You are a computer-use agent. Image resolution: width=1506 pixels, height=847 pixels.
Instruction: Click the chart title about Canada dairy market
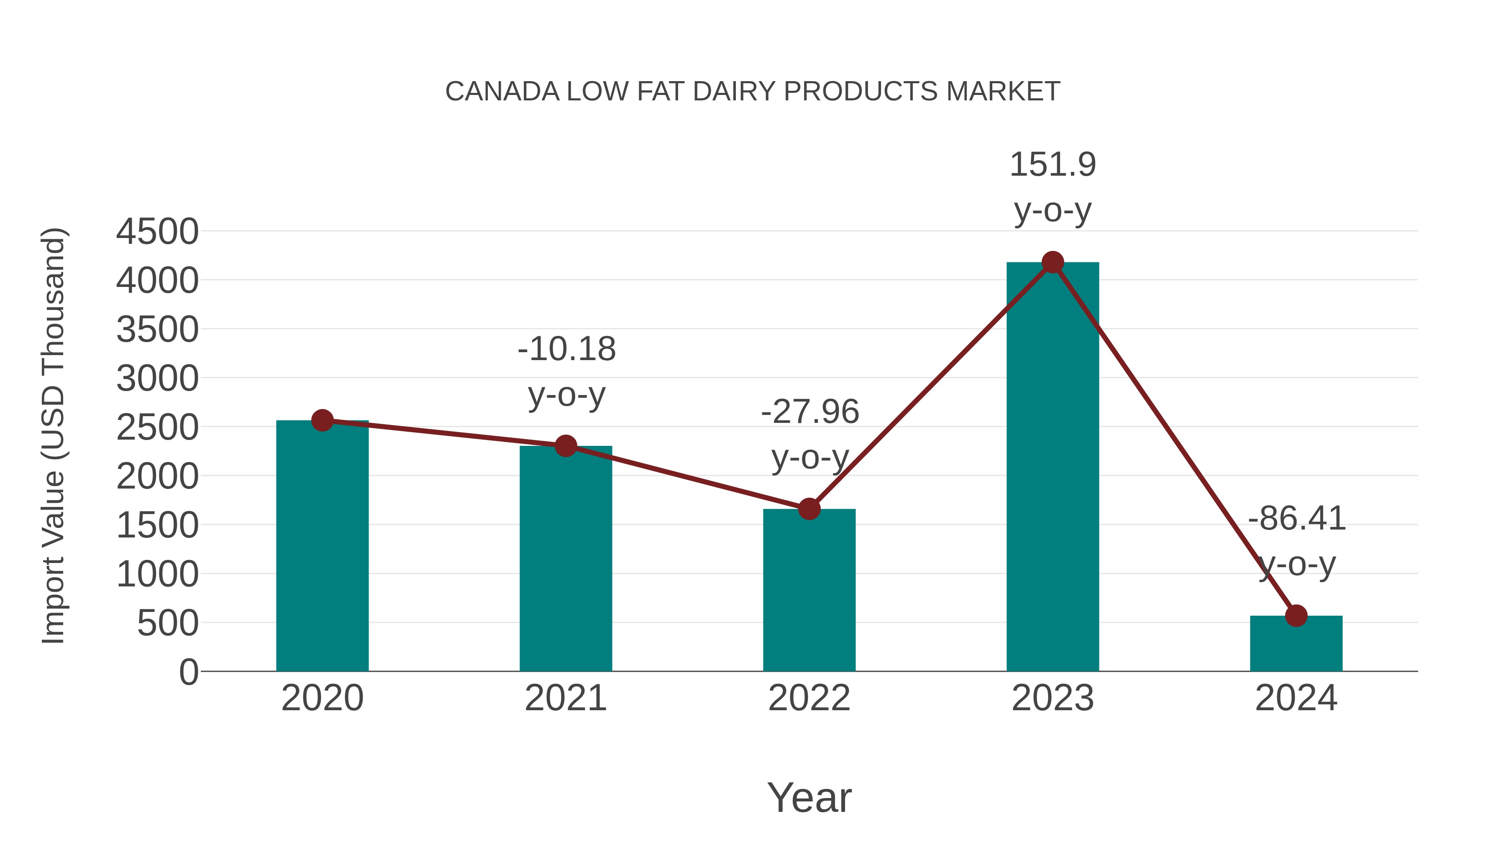click(x=753, y=92)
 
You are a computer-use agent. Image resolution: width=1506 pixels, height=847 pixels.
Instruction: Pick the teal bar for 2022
click(x=809, y=590)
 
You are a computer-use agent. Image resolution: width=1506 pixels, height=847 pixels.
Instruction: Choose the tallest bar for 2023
click(x=1053, y=468)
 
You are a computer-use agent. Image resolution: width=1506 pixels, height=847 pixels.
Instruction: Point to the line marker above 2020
click(x=322, y=420)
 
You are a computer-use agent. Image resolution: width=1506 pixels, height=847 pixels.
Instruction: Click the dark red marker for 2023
click(x=1053, y=262)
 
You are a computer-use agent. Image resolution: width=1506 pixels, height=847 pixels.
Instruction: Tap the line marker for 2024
click(x=1296, y=616)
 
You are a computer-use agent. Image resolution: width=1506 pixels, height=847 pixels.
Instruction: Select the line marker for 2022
click(x=809, y=509)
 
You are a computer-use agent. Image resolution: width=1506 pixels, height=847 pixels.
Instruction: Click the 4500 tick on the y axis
click(x=157, y=231)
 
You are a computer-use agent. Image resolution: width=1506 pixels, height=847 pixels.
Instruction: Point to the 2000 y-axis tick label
click(x=157, y=476)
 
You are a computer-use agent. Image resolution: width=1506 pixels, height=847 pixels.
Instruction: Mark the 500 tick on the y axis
click(x=167, y=623)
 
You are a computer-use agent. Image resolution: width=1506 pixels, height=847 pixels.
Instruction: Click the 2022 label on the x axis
click(x=809, y=698)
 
